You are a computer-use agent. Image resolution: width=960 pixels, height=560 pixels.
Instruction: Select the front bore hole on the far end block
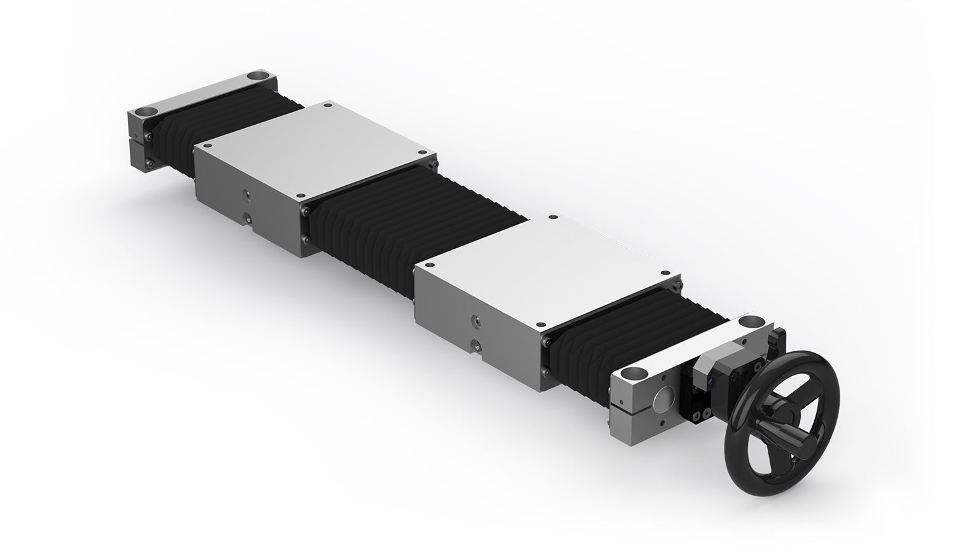point(146,111)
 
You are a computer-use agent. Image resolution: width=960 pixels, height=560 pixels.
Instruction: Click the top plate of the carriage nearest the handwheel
point(547,267)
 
